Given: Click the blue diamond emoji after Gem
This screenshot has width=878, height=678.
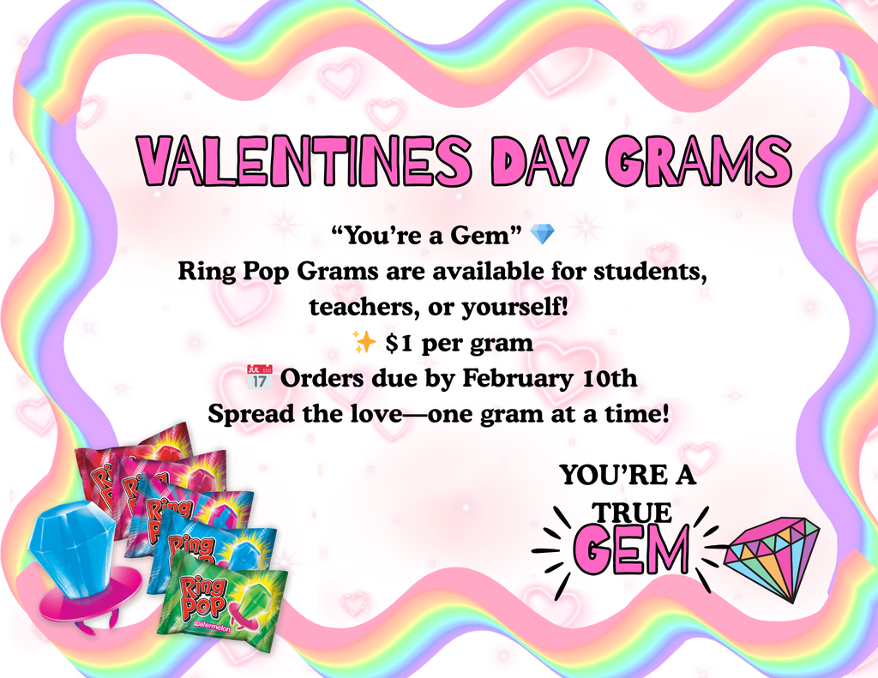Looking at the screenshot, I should click(542, 232).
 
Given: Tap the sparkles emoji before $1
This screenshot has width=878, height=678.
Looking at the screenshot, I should click(364, 344).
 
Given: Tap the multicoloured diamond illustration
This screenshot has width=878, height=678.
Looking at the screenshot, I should click(771, 555).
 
